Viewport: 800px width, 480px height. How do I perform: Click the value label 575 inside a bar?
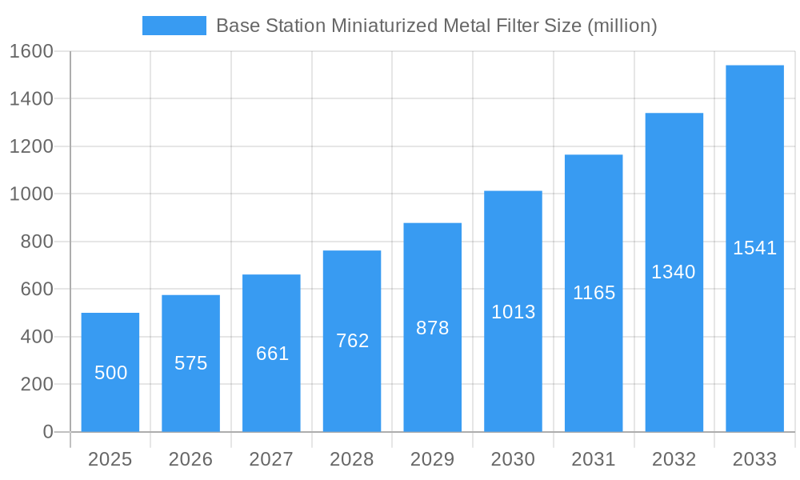pos(191,363)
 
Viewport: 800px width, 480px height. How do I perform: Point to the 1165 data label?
pos(594,293)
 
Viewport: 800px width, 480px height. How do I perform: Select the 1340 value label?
pos(674,272)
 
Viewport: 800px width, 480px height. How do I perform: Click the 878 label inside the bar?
pos(433,328)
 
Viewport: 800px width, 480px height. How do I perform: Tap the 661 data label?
pos(272,354)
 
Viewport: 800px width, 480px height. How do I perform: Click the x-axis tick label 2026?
pos(191,459)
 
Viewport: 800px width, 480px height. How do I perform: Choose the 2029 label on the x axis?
pos(433,459)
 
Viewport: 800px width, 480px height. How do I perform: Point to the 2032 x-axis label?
pos(674,459)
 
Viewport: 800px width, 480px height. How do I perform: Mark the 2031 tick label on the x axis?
pos(594,459)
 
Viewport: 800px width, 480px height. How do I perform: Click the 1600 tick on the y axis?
pos(31,51)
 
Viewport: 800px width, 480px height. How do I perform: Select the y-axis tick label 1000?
pos(31,194)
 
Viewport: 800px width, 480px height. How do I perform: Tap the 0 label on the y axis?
pos(47,432)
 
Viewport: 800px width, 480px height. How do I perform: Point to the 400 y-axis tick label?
pos(37,337)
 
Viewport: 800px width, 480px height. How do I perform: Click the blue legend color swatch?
pos(174,26)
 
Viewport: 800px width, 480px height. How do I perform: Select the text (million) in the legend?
pos(622,26)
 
